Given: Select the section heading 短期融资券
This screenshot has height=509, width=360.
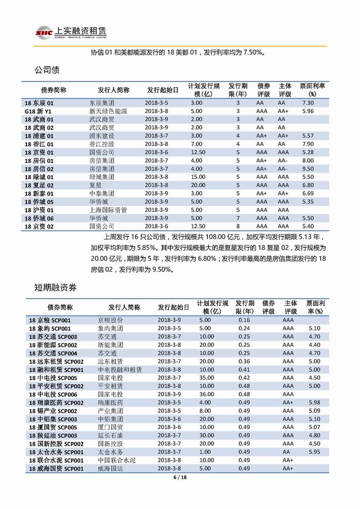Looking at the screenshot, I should coord(55,287).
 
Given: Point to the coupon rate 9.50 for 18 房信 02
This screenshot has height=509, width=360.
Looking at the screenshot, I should coord(308,168).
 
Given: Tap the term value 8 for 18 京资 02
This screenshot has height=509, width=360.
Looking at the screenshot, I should coord(238,226).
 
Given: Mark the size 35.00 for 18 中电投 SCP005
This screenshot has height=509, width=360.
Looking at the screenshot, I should coord(207,378).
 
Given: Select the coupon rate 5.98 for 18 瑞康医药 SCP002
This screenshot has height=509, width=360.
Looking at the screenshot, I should coord(314,402).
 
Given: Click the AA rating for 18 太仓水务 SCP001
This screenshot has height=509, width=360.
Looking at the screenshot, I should coord(287,451).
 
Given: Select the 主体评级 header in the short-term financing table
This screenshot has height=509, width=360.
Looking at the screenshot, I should coord(291,307).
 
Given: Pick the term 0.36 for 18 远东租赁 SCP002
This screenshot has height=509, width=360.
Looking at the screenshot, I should coord(244,361).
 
